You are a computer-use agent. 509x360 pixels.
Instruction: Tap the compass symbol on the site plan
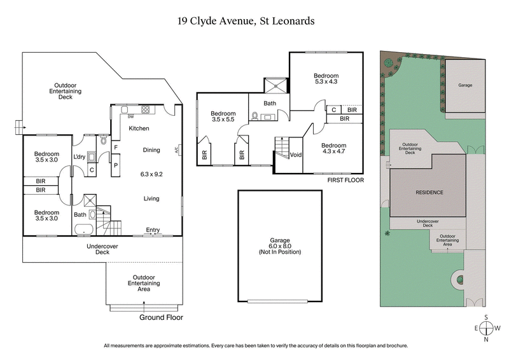(486, 328)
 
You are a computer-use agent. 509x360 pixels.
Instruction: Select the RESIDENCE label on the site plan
(429, 192)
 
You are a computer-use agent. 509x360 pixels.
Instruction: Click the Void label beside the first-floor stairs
(295, 155)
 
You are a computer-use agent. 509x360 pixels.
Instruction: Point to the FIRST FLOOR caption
(345, 180)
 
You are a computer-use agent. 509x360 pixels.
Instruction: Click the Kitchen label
(139, 128)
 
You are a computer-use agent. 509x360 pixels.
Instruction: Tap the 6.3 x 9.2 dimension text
(151, 173)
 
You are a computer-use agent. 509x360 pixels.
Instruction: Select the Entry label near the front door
(153, 230)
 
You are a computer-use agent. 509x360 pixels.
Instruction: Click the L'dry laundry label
(80, 157)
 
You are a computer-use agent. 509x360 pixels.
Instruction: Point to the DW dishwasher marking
(130, 117)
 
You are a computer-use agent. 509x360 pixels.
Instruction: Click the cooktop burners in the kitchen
(145, 109)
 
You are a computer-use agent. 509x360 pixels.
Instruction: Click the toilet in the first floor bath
(256, 116)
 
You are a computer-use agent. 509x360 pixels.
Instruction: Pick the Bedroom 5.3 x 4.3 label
(326, 78)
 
